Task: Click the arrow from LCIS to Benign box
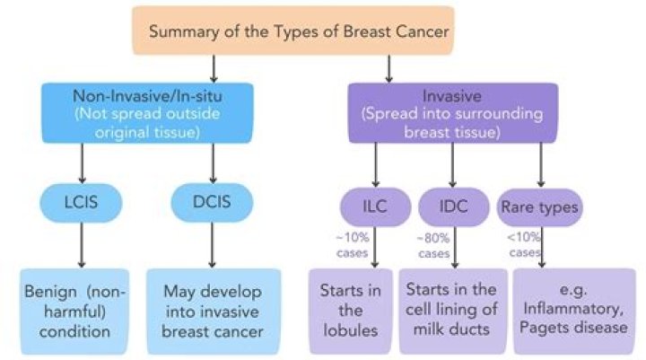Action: (x=82, y=247)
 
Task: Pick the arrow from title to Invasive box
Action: (x=388, y=67)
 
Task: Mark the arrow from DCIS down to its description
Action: (x=212, y=247)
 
